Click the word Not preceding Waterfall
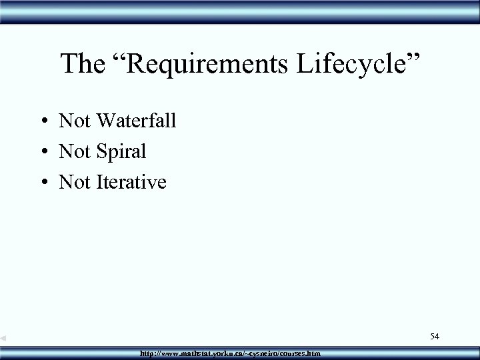[74, 121]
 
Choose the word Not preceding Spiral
[74, 151]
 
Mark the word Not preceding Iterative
[74, 181]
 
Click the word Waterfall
[136, 121]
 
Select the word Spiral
[120, 152]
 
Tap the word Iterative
[130, 181]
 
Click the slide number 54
[435, 337]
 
